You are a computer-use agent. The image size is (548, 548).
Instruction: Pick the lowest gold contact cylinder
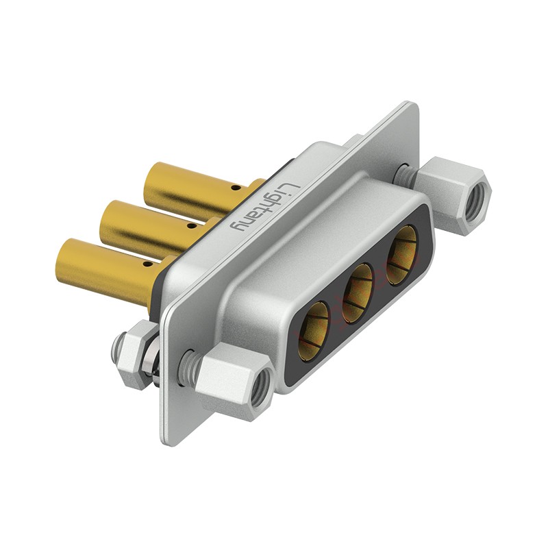pyautogui.click(x=112, y=269)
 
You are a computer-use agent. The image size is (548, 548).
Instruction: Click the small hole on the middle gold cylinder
pyautogui.click(x=191, y=227)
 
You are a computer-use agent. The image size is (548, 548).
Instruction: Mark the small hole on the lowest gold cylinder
pyautogui.click(x=147, y=264)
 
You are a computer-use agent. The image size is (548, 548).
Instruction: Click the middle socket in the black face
pyautogui.click(x=358, y=293)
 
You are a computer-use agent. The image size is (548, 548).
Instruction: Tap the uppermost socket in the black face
pyautogui.click(x=402, y=255)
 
